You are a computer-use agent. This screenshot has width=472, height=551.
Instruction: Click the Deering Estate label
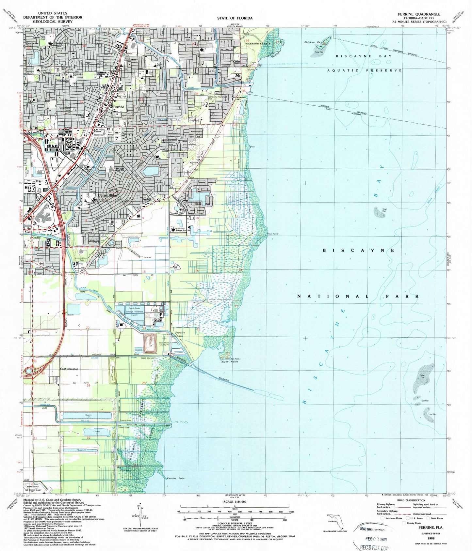coord(258,43)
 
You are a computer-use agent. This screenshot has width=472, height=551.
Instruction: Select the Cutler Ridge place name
coord(107,195)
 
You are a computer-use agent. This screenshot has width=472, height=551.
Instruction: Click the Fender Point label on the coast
coord(176,479)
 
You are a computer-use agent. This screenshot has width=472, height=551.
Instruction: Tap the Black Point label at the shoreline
coord(230,362)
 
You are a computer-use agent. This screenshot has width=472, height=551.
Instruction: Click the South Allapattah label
coord(70,369)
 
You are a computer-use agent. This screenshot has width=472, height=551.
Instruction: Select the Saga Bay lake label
coord(203,204)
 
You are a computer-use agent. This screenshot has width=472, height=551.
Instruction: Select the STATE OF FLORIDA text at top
coord(235,18)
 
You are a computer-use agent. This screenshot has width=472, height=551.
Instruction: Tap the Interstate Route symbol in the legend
coord(383,518)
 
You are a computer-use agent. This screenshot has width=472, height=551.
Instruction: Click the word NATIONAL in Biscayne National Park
coord(333,296)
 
